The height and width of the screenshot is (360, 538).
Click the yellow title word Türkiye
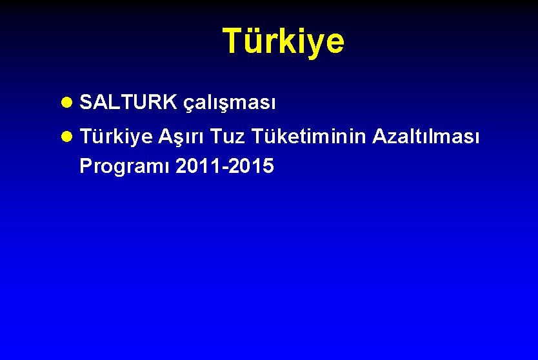(x=283, y=41)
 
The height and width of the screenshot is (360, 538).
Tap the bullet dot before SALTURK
(x=68, y=102)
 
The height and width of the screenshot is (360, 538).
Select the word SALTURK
(x=129, y=101)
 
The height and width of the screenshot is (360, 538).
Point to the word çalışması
(x=230, y=103)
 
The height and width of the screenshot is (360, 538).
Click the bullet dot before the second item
(x=68, y=137)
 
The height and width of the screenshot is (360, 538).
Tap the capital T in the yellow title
(x=232, y=41)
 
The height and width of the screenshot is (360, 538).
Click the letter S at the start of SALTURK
(x=86, y=101)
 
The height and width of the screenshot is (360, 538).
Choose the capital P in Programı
(x=85, y=166)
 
